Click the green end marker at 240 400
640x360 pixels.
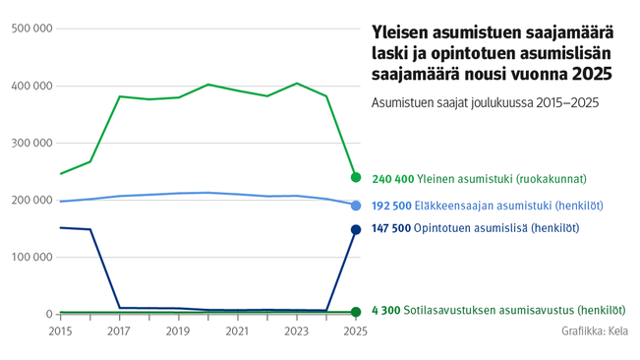coord(356,178)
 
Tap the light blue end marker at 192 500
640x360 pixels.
coord(356,206)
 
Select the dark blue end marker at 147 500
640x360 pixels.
coord(356,230)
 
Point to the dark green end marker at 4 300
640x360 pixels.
coord(356,312)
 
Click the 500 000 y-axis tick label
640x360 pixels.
coord(30,29)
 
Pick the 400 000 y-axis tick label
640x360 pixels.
coord(30,86)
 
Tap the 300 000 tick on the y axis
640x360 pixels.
coord(30,143)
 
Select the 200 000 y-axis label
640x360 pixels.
coord(30,200)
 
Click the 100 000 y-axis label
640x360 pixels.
coord(30,257)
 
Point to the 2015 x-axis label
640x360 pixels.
coord(61,331)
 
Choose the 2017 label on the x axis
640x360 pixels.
coord(119,331)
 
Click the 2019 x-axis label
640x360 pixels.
coord(178,331)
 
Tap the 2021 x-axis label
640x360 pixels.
coord(237,331)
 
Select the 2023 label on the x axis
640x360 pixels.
coord(296,331)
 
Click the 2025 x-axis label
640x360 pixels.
coord(355,331)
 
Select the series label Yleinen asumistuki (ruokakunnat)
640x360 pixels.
coord(501,179)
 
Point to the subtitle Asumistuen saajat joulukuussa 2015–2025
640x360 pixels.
coord(484,102)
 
